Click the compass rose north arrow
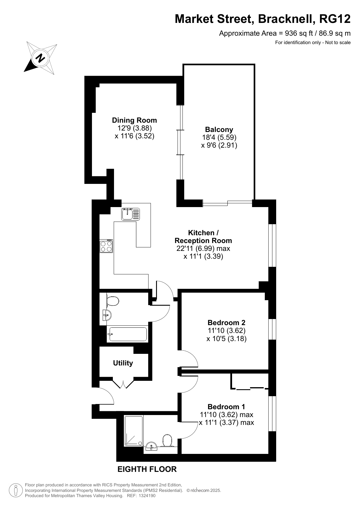[x=40, y=58]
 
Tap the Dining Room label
[x=134, y=120]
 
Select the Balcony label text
[x=219, y=129]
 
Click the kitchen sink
[x=131, y=214]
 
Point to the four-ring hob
[x=106, y=246]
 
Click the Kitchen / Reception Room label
[x=203, y=236]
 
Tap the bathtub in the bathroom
[x=128, y=334]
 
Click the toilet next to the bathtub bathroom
[x=113, y=301]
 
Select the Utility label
[x=123, y=363]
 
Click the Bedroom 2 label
[x=227, y=322]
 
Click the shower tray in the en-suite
[x=134, y=431]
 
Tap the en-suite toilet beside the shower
[x=167, y=440]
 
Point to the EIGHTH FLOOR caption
[x=147, y=469]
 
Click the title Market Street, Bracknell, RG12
[x=263, y=19]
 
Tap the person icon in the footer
[x=16, y=490]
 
